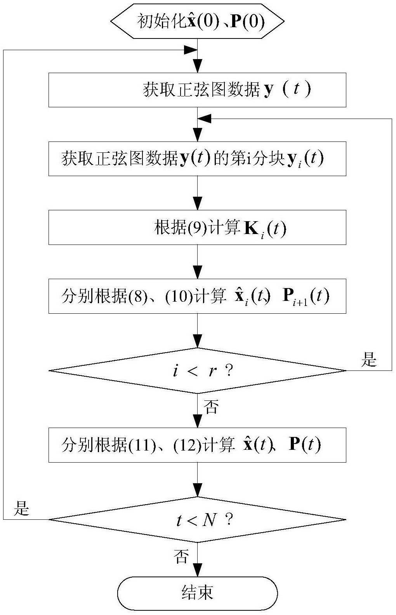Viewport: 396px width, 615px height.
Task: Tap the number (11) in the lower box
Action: pos(142,445)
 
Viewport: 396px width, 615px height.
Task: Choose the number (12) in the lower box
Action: pos(188,445)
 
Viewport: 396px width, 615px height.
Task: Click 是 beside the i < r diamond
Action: pos(369,359)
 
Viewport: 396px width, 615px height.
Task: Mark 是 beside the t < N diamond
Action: pos(21,508)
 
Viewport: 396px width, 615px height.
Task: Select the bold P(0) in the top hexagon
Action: pos(248,21)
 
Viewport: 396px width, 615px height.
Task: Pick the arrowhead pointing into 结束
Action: pos(198,570)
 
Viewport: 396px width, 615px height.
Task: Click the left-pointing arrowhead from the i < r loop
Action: pos(204,119)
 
